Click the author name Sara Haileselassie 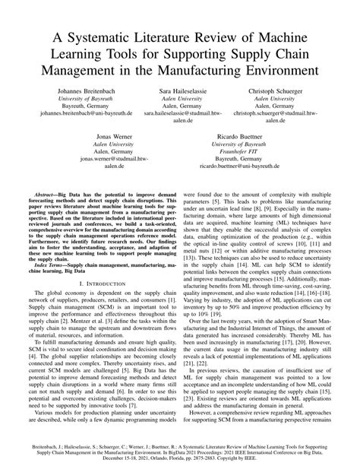180,90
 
